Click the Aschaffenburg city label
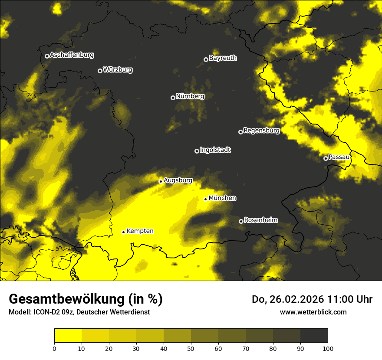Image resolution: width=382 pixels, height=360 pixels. (x=72, y=55)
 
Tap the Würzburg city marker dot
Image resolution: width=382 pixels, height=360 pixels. (x=100, y=71)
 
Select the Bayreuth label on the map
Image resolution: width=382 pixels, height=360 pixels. (x=223, y=58)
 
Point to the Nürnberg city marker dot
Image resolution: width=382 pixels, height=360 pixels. (x=173, y=98)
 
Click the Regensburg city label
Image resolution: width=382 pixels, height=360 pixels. (x=261, y=130)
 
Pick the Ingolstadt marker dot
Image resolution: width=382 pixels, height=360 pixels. (x=197, y=151)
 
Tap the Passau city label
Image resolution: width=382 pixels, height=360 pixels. (x=339, y=157)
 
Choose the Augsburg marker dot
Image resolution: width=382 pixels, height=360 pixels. (x=161, y=181)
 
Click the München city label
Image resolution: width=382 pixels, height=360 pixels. (x=222, y=198)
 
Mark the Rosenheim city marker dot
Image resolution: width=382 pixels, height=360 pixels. (x=241, y=222)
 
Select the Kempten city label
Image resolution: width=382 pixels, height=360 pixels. (x=140, y=231)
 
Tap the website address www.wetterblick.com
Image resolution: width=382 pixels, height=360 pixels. (x=313, y=312)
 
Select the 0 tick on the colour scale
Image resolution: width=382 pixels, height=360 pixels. (x=54, y=348)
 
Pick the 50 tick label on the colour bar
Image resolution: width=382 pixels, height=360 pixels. (x=191, y=348)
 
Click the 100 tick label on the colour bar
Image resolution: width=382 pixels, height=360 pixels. (x=328, y=348)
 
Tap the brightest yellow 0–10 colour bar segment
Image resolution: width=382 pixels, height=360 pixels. (x=68, y=336)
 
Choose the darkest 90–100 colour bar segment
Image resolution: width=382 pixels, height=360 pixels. (x=314, y=336)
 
